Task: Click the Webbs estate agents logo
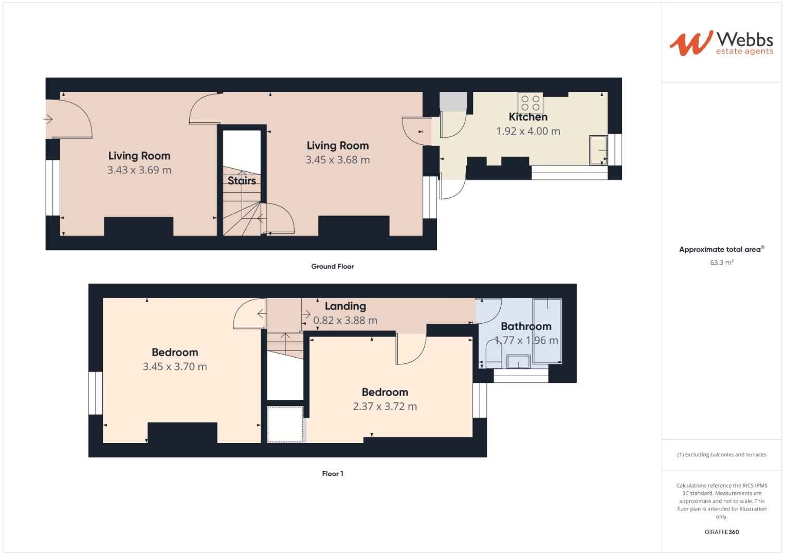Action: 721,43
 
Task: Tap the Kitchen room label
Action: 528,117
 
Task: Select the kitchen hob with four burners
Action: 531,103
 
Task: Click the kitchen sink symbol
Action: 598,150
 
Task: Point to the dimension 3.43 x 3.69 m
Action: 139,170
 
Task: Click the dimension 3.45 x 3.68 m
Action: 338,160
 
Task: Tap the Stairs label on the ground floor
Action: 242,181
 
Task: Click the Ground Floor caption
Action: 333,267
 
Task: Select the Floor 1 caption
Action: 333,474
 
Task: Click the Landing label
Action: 345,306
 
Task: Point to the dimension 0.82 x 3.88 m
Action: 345,321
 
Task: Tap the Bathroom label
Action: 526,326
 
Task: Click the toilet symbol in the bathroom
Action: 494,356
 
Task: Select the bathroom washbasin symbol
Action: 519,361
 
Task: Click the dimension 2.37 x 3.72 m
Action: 385,406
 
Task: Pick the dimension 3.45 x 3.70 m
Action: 175,367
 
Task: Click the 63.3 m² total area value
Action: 722,263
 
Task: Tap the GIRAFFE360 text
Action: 721,532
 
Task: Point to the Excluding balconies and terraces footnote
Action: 722,455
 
